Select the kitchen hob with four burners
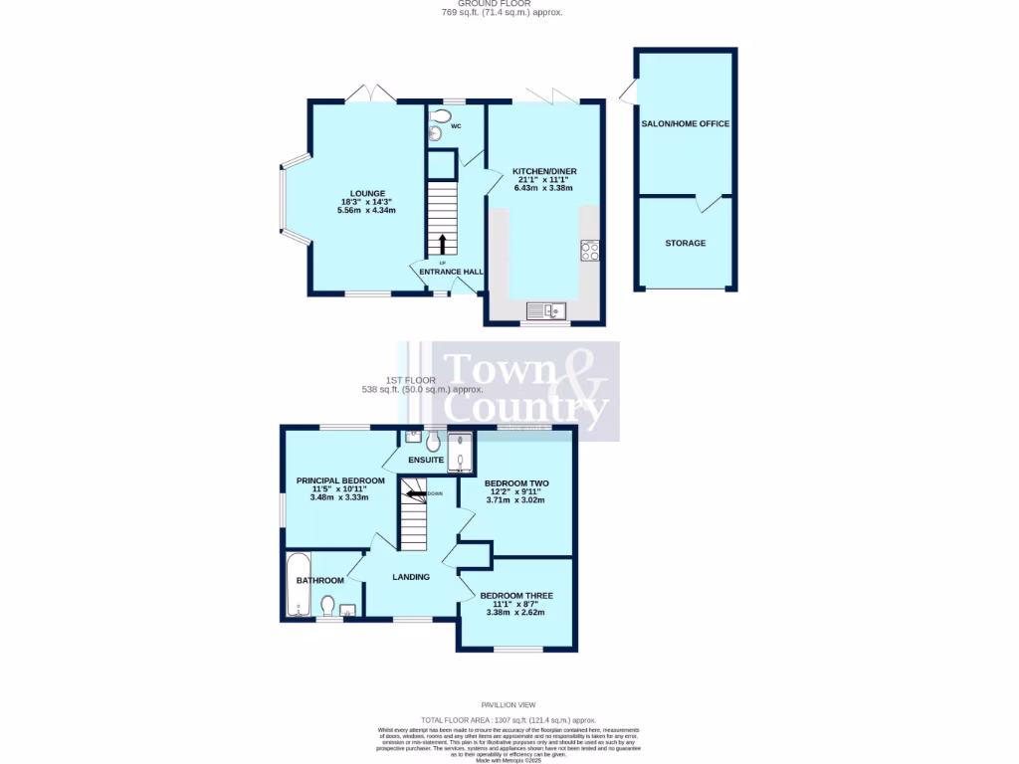[x=589, y=251]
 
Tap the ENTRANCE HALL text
[x=451, y=271]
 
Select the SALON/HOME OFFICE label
[x=686, y=124]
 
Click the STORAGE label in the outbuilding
[x=686, y=243]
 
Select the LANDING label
[x=411, y=577]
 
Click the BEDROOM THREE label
[x=515, y=596]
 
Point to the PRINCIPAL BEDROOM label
[x=340, y=480]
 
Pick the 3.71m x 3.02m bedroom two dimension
[x=515, y=500]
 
